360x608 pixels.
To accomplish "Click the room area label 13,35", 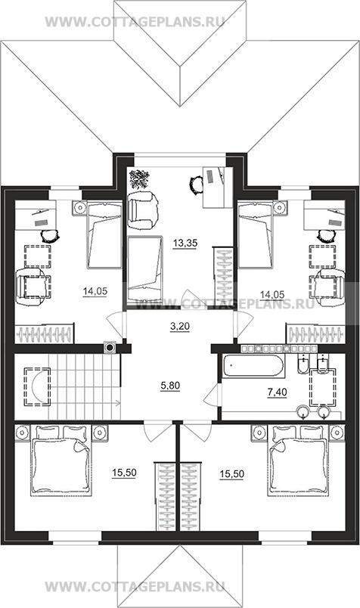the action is (185, 244).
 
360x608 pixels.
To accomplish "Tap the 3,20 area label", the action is (180, 327).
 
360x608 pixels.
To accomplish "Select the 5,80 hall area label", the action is (170, 386).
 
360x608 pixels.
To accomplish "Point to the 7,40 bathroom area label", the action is (277, 392).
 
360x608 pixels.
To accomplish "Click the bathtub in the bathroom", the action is (253, 365).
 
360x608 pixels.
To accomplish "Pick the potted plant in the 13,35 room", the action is (140, 178).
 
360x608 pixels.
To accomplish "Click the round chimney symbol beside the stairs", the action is (110, 347).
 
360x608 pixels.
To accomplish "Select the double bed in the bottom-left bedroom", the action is (61, 461).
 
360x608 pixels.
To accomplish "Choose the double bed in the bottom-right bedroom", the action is (298, 461).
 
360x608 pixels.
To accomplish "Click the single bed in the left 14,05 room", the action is (104, 235).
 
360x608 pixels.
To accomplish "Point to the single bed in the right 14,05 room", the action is (256, 234).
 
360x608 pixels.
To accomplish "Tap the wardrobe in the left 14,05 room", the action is (44, 333).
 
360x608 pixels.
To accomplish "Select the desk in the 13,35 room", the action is (217, 188).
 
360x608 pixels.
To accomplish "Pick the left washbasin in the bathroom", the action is (303, 412).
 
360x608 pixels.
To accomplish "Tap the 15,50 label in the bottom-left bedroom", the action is (124, 473).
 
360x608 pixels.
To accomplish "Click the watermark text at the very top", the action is (135, 22).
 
